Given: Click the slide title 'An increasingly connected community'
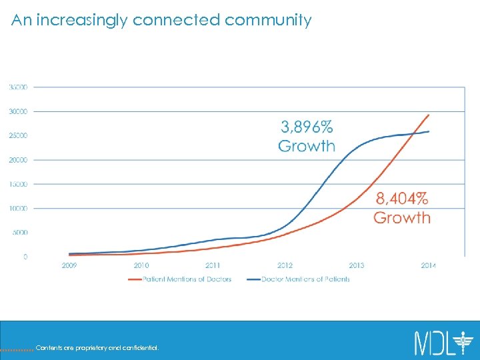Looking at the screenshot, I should (161, 20).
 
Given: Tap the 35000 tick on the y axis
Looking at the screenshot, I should (18, 87).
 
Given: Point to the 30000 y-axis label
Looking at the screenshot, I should (18, 111).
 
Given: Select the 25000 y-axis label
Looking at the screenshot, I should (18, 136).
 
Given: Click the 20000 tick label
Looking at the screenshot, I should (18, 160).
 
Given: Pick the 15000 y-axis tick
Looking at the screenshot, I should (18, 184).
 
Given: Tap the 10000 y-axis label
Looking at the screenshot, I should (18, 209).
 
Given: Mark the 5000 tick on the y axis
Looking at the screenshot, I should (19, 233).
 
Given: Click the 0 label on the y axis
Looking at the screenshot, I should (25, 257).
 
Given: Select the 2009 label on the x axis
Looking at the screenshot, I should (69, 265).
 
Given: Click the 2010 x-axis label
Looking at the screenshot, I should (141, 265).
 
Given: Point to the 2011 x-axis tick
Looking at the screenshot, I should (213, 265).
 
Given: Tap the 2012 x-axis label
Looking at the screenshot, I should (285, 265).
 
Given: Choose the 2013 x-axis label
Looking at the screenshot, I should (357, 265).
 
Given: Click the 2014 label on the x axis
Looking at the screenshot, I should (428, 265).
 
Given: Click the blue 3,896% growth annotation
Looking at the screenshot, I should (307, 136).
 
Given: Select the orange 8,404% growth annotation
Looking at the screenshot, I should (402, 207).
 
